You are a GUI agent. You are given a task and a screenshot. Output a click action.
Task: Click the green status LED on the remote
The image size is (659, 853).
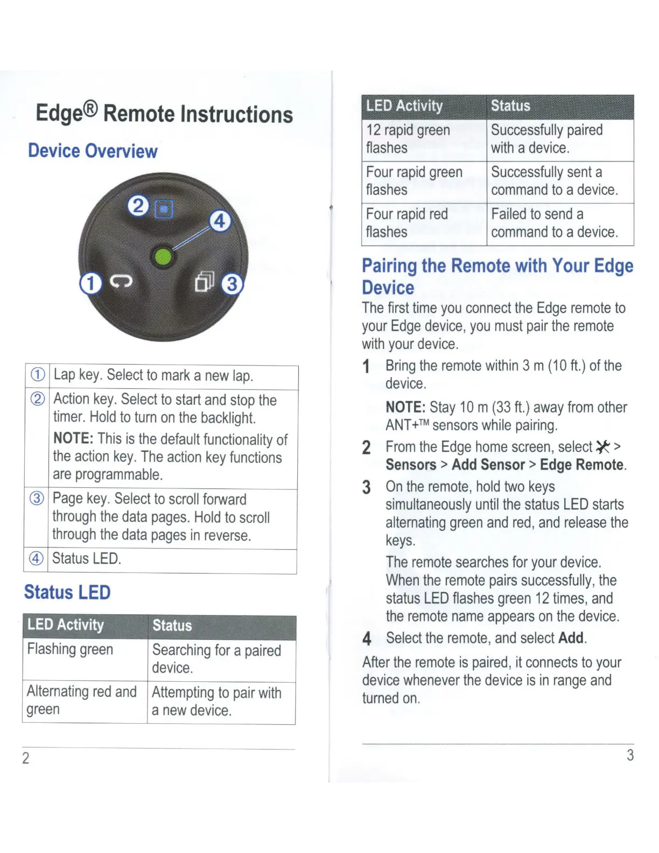click(x=163, y=257)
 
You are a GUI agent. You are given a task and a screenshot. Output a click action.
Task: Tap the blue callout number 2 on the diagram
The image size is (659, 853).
click(x=138, y=206)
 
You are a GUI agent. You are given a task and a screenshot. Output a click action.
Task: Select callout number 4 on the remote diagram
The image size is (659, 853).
click(x=220, y=221)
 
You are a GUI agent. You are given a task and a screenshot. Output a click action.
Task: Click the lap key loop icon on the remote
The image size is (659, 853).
click(x=121, y=282)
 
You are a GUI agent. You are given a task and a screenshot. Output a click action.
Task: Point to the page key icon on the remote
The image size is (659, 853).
click(x=205, y=281)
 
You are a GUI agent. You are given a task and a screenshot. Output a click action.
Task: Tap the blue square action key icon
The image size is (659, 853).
click(x=164, y=208)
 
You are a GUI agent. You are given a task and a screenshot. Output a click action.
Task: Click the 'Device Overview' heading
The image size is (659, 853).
click(x=93, y=151)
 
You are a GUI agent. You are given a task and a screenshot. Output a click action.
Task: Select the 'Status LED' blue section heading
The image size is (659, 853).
click(x=67, y=592)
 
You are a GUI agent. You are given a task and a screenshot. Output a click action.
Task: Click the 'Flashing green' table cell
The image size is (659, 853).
click(x=71, y=649)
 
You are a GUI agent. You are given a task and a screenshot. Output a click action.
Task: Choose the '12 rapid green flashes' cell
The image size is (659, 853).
click(x=408, y=139)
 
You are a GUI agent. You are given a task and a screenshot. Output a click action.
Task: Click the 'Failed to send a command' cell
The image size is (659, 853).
click(x=555, y=223)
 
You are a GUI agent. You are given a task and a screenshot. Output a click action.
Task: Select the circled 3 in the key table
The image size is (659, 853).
click(x=37, y=498)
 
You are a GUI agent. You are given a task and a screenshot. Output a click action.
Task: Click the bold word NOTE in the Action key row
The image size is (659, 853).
click(x=73, y=439)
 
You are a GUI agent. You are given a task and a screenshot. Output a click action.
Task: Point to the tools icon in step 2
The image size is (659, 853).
click(x=603, y=447)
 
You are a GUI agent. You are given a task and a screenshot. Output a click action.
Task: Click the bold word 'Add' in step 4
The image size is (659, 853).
click(x=571, y=638)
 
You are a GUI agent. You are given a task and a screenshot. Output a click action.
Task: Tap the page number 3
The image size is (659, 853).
click(x=630, y=756)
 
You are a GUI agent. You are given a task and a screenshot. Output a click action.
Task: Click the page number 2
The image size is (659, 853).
click(x=25, y=758)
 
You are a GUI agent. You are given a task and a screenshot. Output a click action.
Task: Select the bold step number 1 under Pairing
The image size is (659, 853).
click(x=366, y=367)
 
